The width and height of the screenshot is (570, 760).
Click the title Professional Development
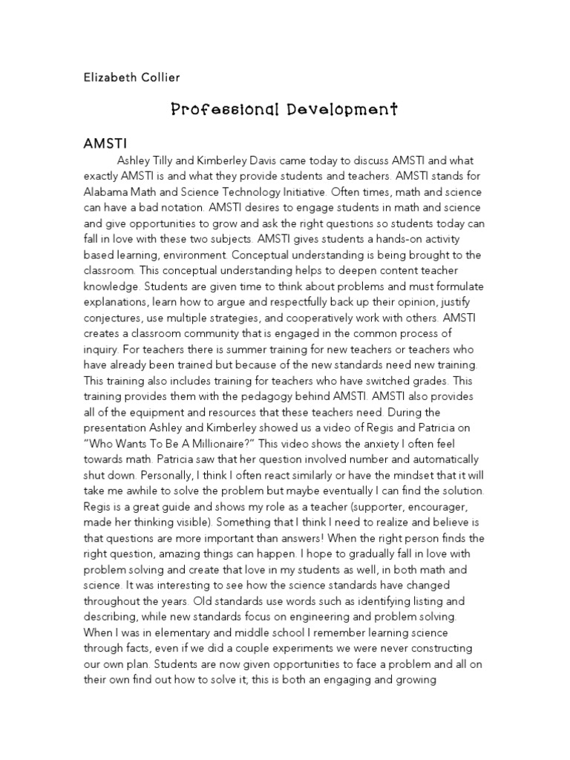coord(285,110)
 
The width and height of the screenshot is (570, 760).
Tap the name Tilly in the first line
coord(168,160)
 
